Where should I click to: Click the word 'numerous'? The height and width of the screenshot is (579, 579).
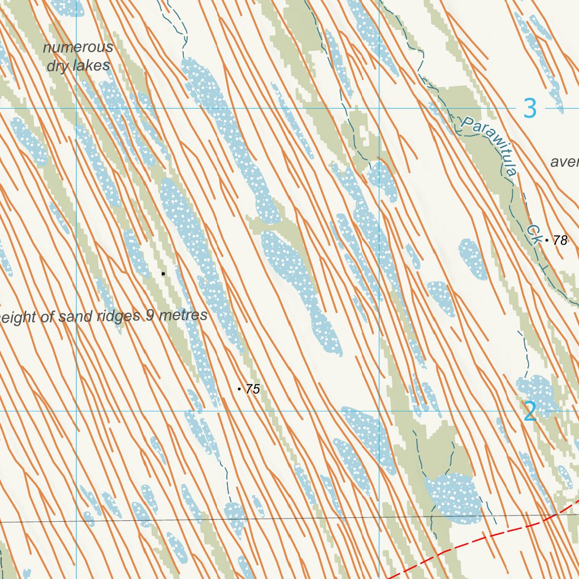78,47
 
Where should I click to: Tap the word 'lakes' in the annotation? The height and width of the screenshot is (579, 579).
95,66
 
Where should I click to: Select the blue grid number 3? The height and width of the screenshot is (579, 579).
530,108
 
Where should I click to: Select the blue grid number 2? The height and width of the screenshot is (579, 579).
530,411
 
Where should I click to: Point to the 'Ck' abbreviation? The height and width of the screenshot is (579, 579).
533,235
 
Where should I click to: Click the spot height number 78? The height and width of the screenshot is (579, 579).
560,241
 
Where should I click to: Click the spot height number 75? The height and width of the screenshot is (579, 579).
253,389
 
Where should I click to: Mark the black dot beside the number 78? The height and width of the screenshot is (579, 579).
547,241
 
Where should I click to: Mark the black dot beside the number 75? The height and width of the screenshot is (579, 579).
239,389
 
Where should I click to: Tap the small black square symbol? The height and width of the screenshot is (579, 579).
163,274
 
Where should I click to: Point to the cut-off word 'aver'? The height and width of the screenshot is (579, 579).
564,162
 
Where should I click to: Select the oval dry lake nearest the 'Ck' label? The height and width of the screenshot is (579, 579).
473,259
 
